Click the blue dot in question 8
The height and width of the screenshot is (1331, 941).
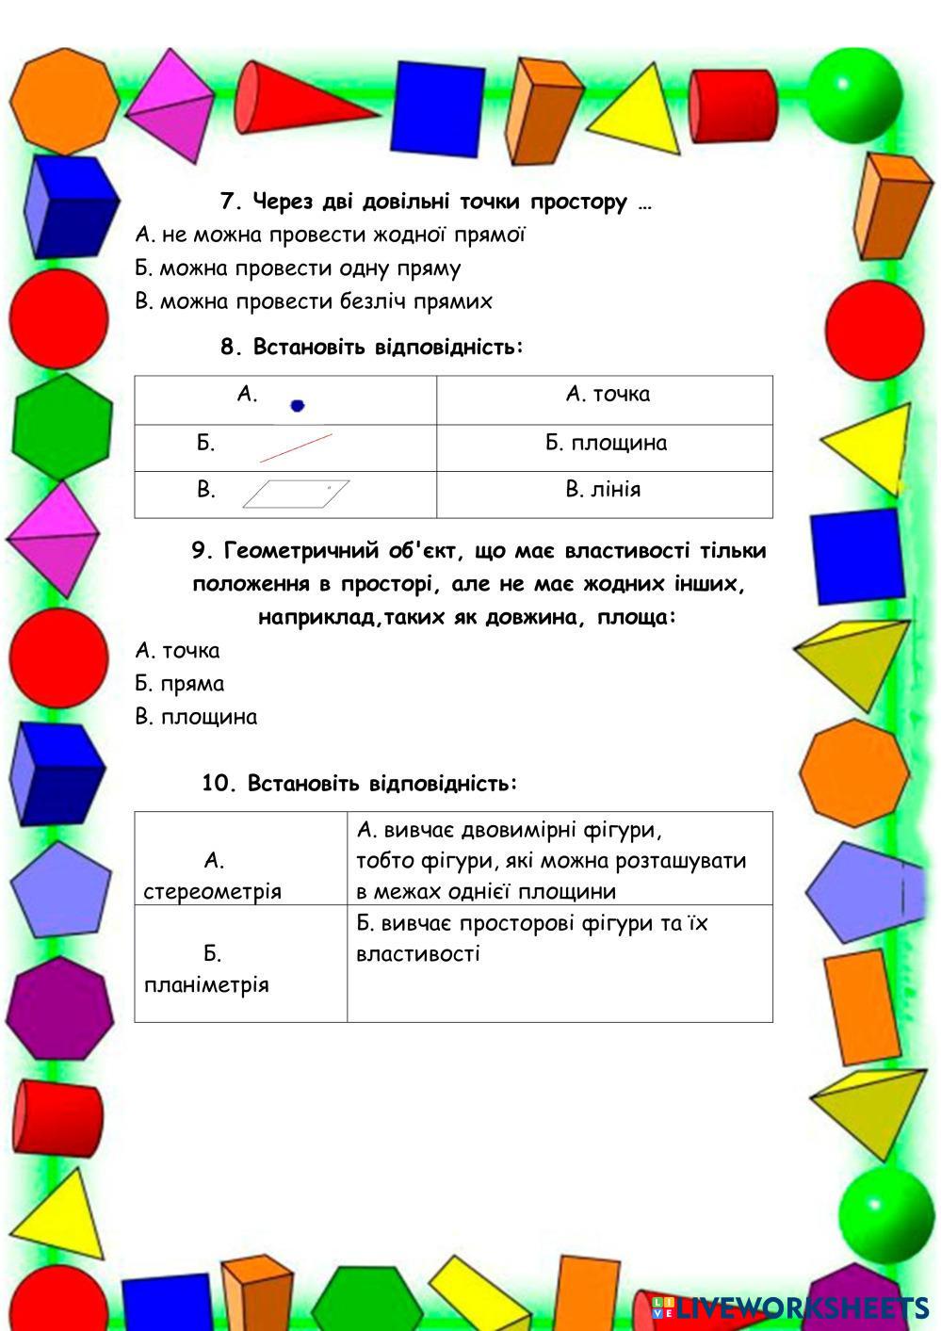tap(298, 406)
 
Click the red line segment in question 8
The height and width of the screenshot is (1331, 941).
tap(296, 447)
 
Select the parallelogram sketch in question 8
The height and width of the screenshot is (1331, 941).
tap(296, 494)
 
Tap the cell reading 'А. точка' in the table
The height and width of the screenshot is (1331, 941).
tap(608, 395)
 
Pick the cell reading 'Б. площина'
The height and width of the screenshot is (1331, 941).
tap(606, 443)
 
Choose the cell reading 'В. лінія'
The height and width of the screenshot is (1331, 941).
tap(603, 490)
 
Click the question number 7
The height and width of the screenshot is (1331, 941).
tap(230, 202)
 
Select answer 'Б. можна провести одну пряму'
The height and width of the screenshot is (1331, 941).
tap(298, 268)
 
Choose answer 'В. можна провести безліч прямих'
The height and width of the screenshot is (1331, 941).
tap(314, 301)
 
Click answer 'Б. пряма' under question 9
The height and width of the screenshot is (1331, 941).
tap(179, 684)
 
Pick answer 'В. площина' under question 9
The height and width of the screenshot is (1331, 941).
tap(196, 717)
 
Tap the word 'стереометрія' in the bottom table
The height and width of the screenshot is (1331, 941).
tap(212, 891)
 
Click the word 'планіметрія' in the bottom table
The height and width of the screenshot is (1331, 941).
tap(206, 985)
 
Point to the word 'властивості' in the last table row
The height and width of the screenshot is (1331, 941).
tap(418, 953)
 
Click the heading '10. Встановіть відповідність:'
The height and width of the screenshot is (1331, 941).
tap(360, 784)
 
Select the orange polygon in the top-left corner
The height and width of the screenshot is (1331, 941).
tap(66, 99)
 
